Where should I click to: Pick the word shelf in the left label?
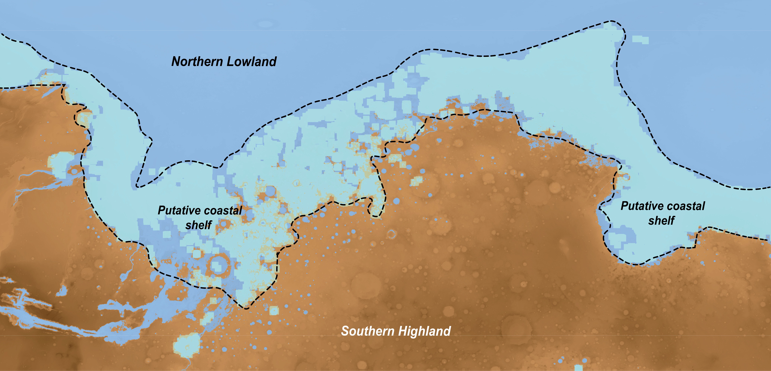198,225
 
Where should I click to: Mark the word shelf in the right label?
661,221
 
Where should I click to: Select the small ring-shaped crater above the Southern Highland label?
391,234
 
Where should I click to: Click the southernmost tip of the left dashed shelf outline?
245,308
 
